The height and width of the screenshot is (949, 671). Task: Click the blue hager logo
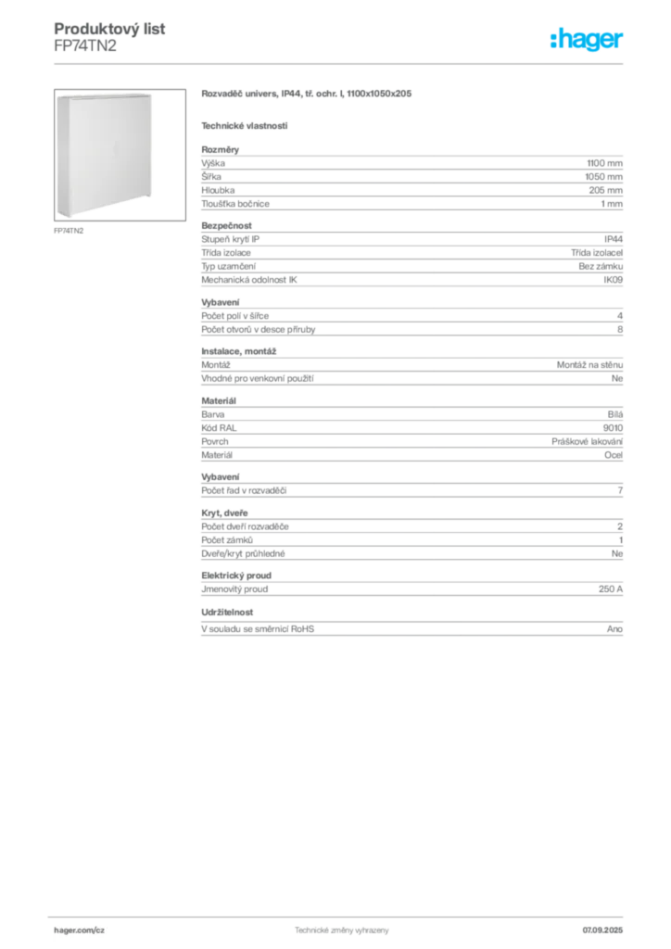[588, 40]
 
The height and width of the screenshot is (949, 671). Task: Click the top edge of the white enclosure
[104, 94]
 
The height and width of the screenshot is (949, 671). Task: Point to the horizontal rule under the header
[341, 63]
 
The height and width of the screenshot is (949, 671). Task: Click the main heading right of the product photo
[307, 95]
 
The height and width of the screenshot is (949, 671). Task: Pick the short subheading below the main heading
[245, 125]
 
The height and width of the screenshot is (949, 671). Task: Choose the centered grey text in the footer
[341, 928]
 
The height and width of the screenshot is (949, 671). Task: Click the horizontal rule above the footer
[341, 915]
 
